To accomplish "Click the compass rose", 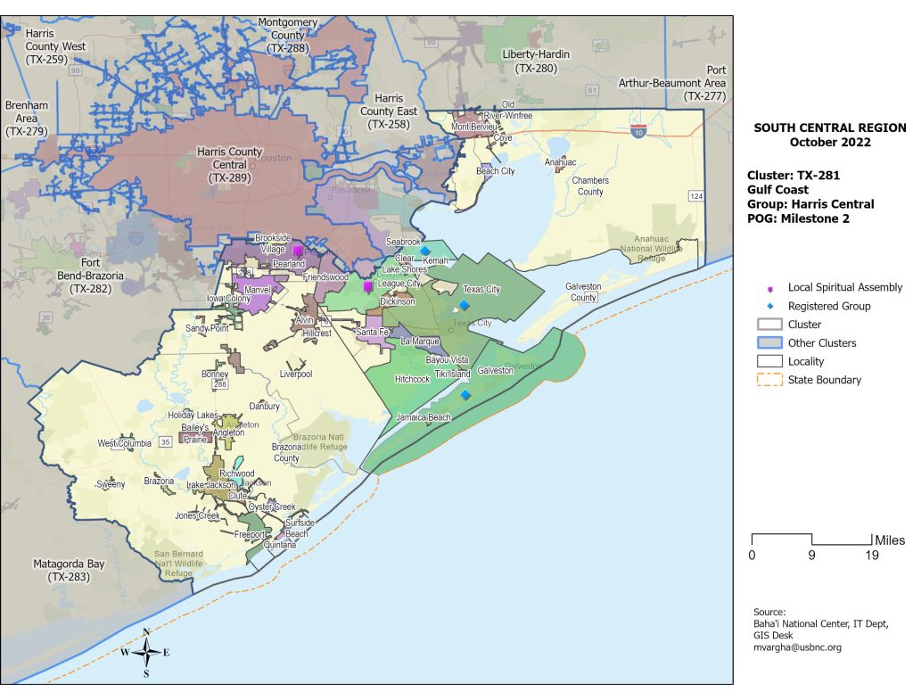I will [146, 653].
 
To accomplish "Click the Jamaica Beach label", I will [424, 417].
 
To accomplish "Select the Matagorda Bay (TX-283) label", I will [70, 571].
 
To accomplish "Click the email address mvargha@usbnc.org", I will [797, 647].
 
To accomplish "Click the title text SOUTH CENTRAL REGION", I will [829, 128].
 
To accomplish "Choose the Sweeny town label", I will [111, 485].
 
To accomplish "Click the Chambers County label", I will [589, 186].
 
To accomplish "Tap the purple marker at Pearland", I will [298, 251].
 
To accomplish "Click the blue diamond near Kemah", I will [425, 251].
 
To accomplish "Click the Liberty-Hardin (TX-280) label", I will [535, 61].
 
